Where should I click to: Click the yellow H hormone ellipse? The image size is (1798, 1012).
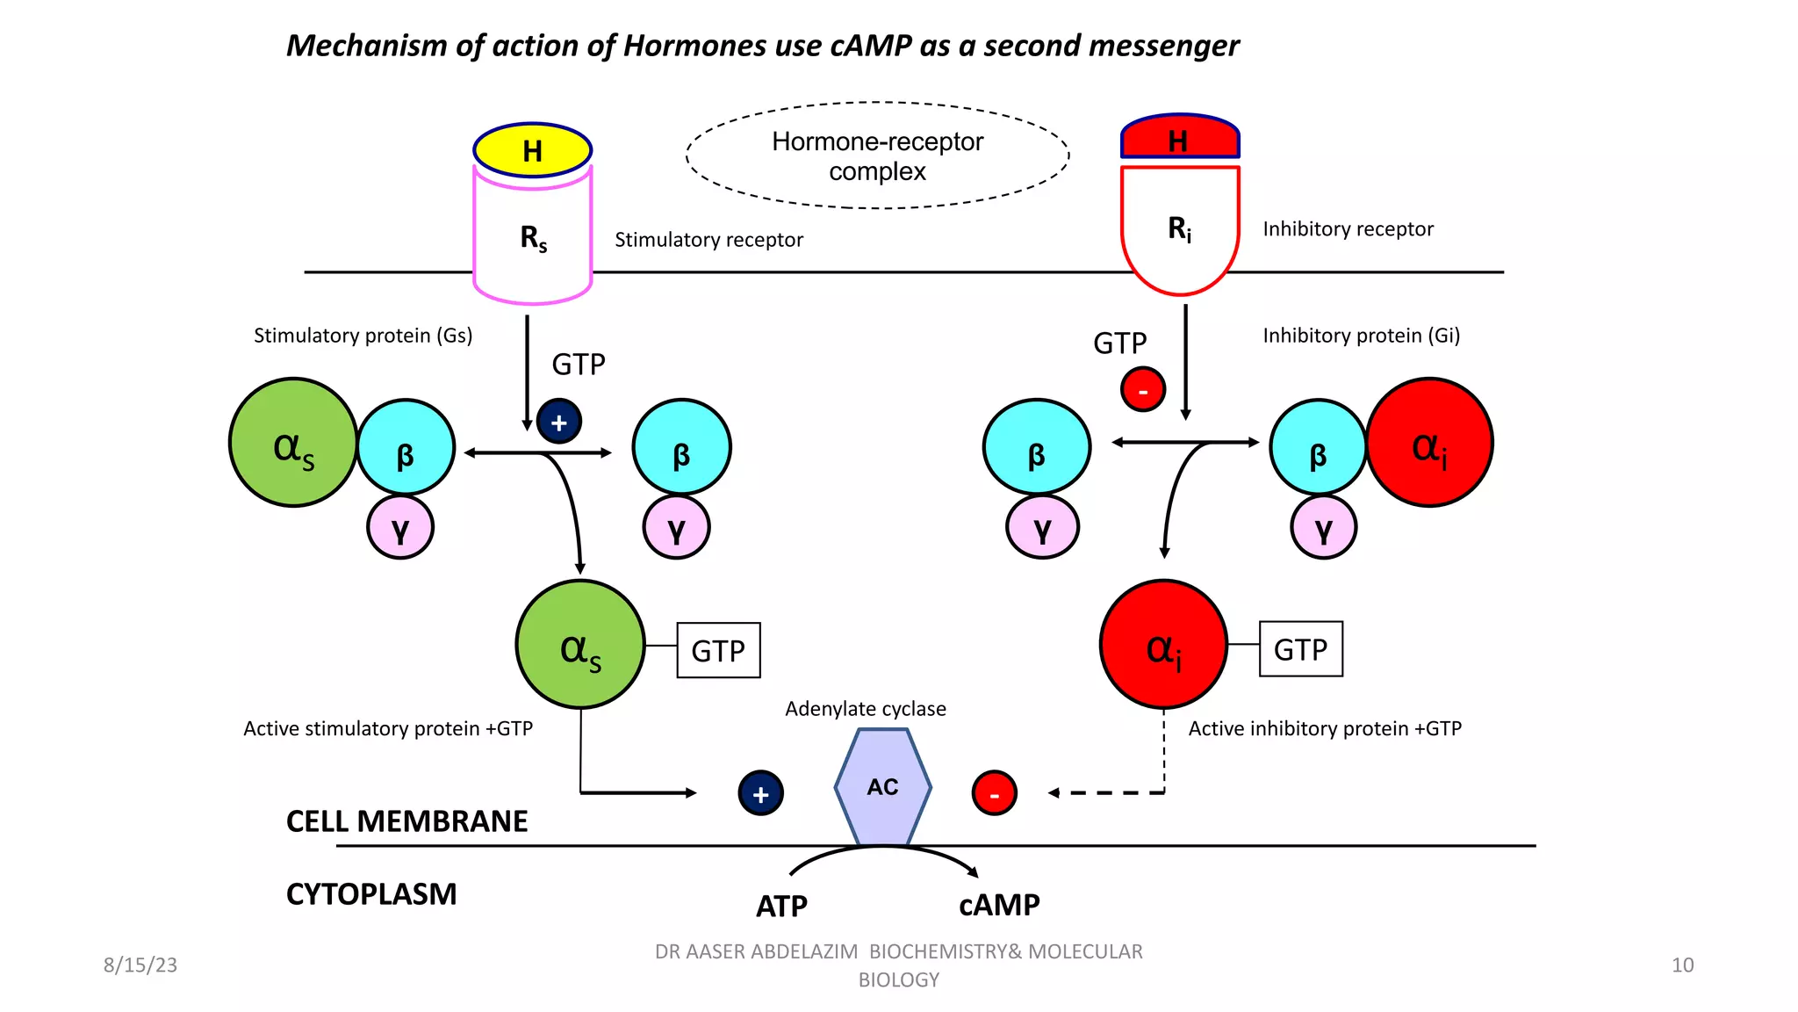(532, 150)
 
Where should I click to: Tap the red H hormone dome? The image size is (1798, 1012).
(1179, 138)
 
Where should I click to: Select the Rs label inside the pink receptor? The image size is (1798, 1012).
(533, 237)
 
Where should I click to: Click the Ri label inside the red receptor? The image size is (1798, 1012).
(1179, 228)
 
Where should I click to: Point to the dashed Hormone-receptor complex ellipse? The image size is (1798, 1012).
(877, 155)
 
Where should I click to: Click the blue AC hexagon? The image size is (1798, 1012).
(882, 786)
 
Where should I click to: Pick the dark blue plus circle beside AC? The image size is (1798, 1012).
(760, 793)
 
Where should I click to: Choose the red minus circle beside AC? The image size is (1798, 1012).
(994, 793)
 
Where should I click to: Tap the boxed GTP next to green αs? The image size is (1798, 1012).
(718, 650)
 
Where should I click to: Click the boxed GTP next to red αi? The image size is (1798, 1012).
(1300, 649)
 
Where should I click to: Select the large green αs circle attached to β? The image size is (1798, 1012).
(293, 443)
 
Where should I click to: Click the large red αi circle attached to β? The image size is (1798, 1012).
(1429, 443)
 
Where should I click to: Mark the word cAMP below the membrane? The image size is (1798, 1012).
(999, 905)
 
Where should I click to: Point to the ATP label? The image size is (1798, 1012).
(781, 906)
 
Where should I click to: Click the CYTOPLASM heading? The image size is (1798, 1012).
(371, 893)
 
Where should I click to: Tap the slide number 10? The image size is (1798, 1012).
(1682, 965)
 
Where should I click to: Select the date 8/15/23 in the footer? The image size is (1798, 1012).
(140, 965)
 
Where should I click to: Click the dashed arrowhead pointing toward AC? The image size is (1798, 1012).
(1054, 792)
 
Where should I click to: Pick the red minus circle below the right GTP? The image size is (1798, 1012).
(1142, 389)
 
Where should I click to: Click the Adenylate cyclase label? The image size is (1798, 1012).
(865, 708)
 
